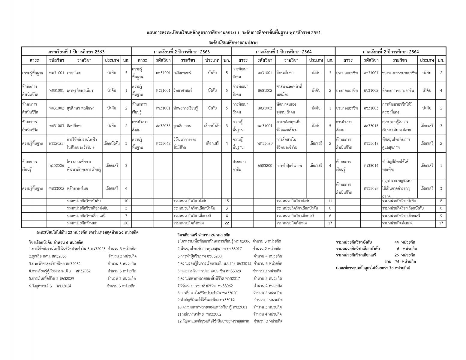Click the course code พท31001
tap(57, 73)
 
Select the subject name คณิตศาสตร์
tap(182, 73)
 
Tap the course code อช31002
tap(371, 90)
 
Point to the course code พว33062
tap(163, 143)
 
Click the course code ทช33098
tap(371, 189)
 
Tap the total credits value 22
tap(227, 223)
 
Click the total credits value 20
tap(126, 223)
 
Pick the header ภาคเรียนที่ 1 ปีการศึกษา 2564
tap(283, 52)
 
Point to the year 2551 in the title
tap(315, 33)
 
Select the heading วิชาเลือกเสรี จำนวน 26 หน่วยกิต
tap(206, 235)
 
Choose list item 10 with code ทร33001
tap(212, 307)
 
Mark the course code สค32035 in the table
tap(163, 126)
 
